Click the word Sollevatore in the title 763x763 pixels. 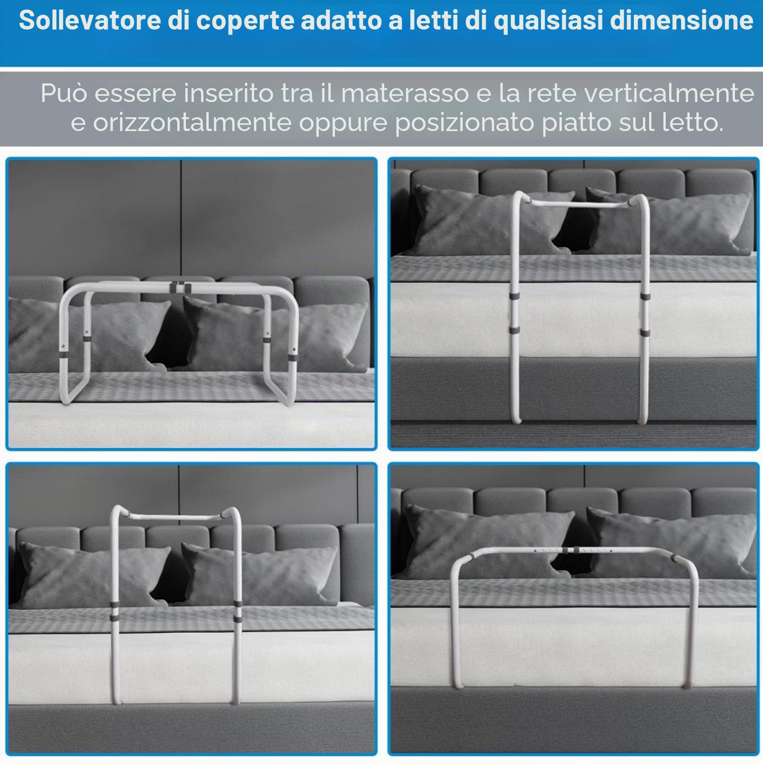[90, 21]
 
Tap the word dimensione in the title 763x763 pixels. [682, 21]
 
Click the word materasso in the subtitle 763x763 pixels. [405, 93]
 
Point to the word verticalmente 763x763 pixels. [669, 93]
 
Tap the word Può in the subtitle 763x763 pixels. [64, 93]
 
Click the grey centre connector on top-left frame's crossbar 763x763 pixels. [178, 287]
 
